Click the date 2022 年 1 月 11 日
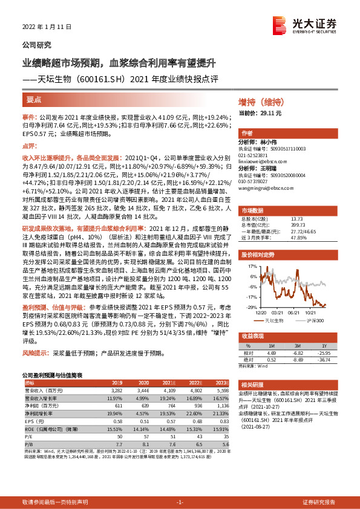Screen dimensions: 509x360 pos(45,27)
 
